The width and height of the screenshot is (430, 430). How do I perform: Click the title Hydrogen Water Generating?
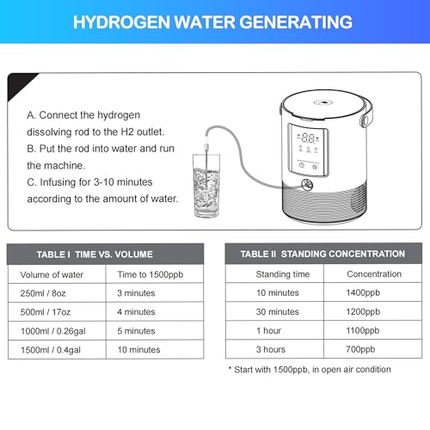(x=214, y=20)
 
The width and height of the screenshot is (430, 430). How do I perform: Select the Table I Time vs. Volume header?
(x=107, y=254)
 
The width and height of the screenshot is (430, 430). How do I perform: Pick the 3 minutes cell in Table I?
(x=137, y=293)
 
